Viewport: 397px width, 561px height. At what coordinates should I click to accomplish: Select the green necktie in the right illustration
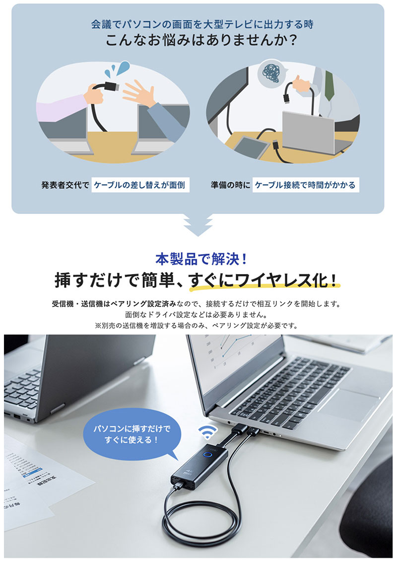[329, 85]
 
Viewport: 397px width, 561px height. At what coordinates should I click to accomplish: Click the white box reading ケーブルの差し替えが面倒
[140, 185]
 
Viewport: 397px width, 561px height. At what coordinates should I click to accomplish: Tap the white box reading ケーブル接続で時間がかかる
[305, 185]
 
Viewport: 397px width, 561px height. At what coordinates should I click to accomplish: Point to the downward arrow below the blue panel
[198, 225]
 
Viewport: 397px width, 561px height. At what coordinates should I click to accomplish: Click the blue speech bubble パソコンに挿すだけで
[132, 435]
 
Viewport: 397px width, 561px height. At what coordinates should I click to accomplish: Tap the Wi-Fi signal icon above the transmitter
[207, 432]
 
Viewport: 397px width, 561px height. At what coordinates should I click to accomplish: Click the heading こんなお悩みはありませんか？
[201, 40]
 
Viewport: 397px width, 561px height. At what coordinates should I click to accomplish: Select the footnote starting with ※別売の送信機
[197, 326]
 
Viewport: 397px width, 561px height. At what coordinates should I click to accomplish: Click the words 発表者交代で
[65, 185]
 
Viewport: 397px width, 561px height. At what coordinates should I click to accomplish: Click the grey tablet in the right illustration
[251, 146]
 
